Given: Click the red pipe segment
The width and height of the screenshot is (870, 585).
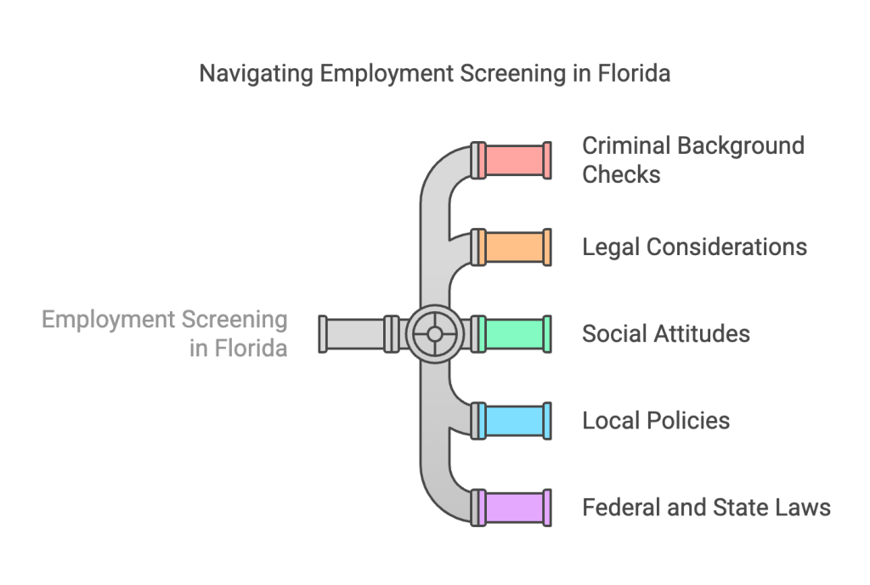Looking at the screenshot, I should click(x=514, y=160).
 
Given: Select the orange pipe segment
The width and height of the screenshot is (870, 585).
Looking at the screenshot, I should click(x=514, y=247).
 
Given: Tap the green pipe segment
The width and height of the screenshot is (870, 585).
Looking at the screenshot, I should click(x=514, y=333).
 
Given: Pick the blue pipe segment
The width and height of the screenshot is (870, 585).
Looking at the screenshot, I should click(x=514, y=420).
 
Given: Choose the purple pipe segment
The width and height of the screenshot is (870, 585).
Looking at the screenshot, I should click(x=514, y=508).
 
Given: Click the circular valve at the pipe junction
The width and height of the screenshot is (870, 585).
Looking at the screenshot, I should click(x=434, y=333).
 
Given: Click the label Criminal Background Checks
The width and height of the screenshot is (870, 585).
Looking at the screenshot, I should click(x=692, y=160).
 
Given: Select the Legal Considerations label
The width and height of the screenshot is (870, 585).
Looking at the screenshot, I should click(x=694, y=247).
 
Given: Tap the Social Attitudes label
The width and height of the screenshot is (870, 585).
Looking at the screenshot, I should click(x=665, y=333).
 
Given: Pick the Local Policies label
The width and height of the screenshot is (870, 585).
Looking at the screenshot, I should click(x=655, y=420).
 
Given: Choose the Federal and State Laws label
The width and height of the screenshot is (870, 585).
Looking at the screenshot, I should click(x=705, y=508).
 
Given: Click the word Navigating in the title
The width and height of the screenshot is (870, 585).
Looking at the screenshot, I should click(x=256, y=74).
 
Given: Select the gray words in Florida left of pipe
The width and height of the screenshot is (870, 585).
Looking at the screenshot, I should click(x=238, y=348).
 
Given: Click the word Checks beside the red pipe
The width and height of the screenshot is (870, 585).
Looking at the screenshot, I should click(x=621, y=174).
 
